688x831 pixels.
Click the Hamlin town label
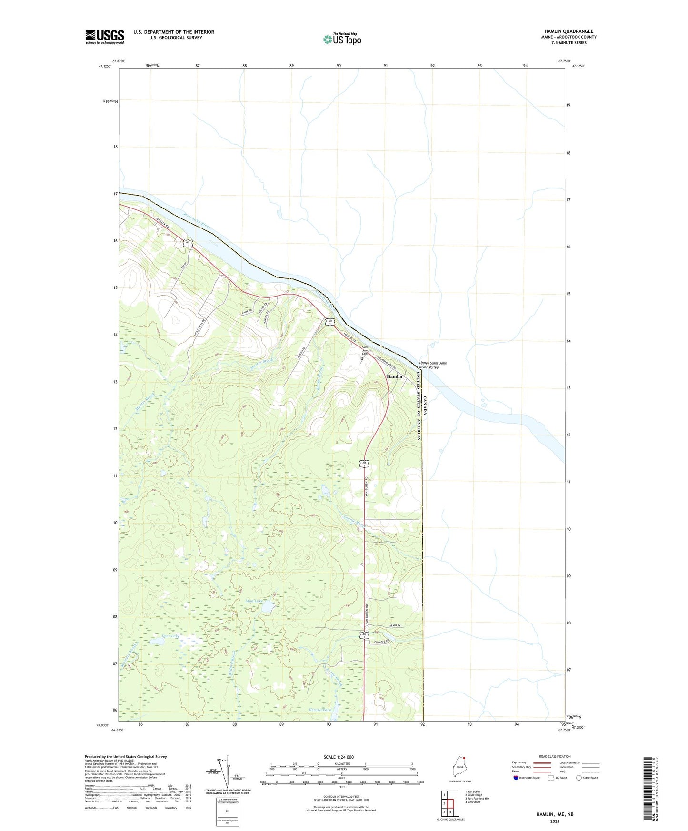(394, 376)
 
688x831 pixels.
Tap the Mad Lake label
(254, 601)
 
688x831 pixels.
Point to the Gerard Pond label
(320, 710)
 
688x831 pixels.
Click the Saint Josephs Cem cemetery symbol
(361, 358)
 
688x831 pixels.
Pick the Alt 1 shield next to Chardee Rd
(364, 635)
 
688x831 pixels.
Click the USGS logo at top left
(105, 37)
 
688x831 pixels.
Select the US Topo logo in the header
(342, 39)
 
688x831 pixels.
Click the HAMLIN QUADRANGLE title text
(568, 31)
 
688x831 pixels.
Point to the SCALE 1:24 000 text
(339, 757)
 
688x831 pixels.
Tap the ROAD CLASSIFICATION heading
(555, 756)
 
